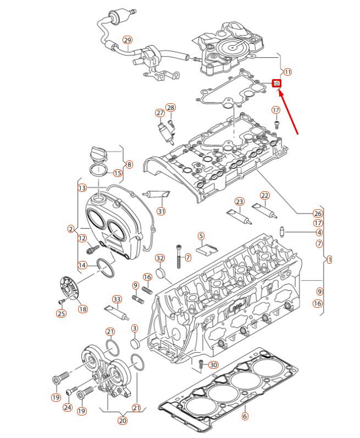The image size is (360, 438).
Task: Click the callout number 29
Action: pos(127,40)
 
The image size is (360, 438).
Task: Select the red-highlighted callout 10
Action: pos(277,83)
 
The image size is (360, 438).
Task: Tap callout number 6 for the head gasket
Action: pos(245,416)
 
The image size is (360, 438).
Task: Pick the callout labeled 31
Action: pos(161,211)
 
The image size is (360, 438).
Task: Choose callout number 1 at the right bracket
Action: pos(329,259)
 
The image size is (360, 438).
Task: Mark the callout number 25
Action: pos(60,313)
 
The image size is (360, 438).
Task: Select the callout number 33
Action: pos(117,299)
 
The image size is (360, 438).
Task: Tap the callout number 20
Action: pos(123,420)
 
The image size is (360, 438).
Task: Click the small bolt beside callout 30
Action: pos(201,364)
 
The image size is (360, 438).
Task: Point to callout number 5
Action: pos(201,236)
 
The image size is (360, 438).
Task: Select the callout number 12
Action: pos(82,238)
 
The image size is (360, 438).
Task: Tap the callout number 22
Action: pos(265,196)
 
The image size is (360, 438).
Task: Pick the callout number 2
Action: pos(71,229)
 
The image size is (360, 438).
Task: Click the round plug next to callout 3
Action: pos(135,345)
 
